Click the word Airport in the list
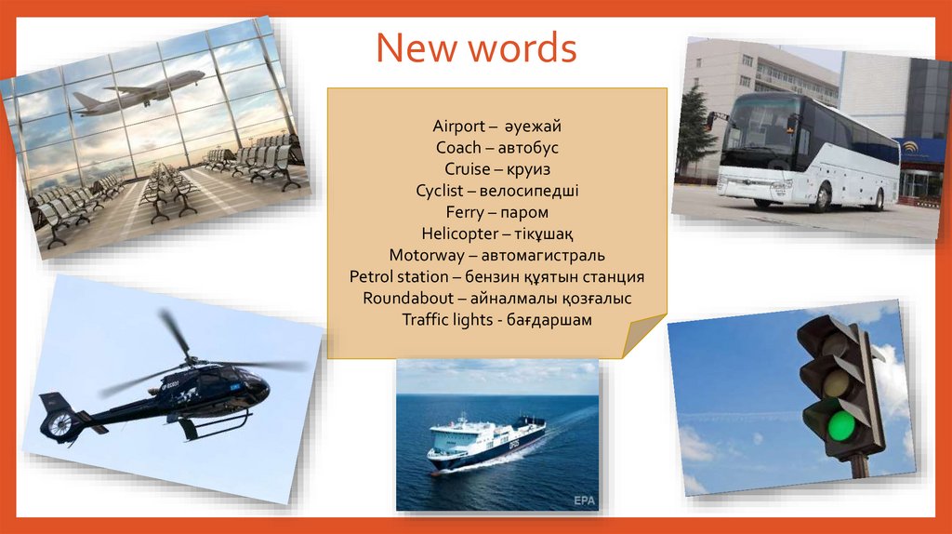[x=457, y=126]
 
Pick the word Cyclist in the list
[x=446, y=191]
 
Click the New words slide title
[x=476, y=47]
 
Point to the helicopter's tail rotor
[x=59, y=424]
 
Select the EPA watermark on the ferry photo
[x=584, y=501]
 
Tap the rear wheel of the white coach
[x=877, y=198]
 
